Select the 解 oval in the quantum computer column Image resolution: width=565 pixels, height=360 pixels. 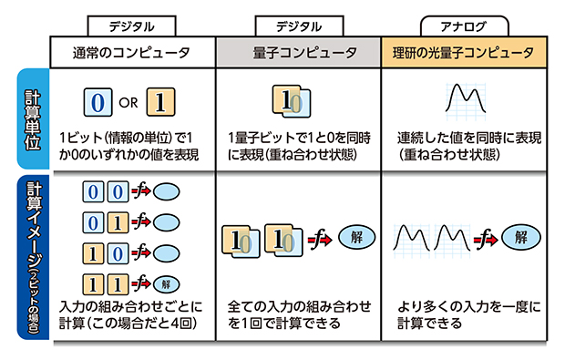coord(355,238)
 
